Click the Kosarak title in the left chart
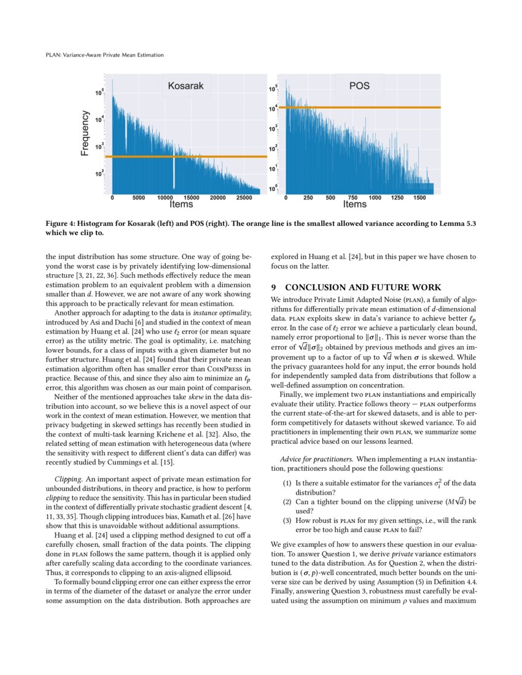coord(185,87)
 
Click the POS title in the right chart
coord(359,86)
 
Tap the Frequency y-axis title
coord(85,133)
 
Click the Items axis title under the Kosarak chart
coord(181,204)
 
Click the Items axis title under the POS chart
coord(355,204)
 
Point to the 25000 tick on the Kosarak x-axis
coord(244,198)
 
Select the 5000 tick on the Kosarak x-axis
coord(139,198)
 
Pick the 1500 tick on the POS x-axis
coord(420,198)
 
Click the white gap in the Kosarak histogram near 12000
coord(174,175)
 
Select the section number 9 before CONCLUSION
coord(273,287)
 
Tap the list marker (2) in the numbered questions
coord(287,501)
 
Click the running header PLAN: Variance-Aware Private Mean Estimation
coord(104,55)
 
